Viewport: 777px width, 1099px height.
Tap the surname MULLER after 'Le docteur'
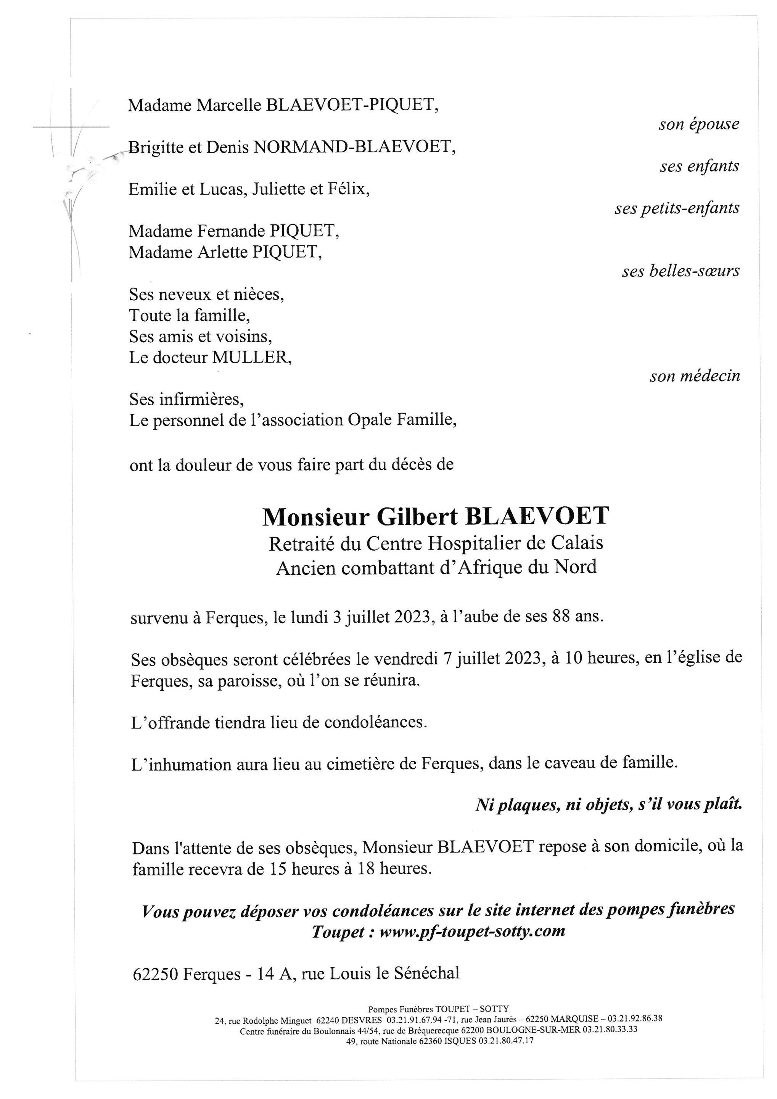tap(252, 358)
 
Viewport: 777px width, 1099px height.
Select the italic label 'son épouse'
tap(698, 124)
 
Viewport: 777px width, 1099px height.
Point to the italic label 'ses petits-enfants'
tap(677, 208)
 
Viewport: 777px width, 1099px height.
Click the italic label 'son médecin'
tap(694, 376)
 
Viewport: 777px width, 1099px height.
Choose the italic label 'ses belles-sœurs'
tap(680, 271)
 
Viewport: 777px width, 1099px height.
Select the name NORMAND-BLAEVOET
tap(353, 147)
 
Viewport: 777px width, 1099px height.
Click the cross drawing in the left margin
tap(71, 127)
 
